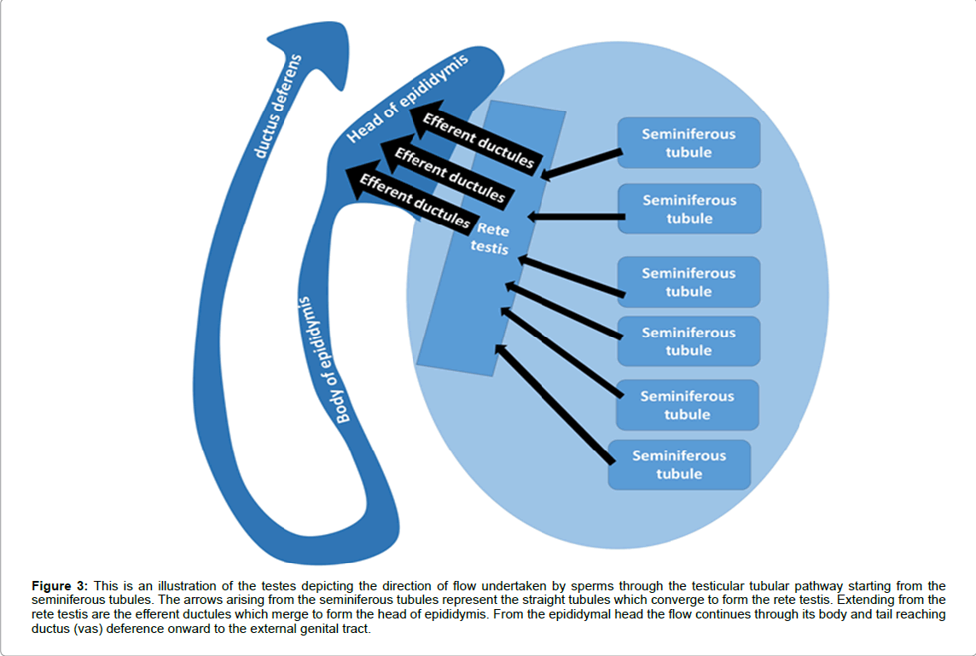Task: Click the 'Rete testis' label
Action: [x=492, y=239]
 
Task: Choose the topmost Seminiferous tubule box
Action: [x=688, y=142]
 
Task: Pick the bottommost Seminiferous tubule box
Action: [x=679, y=465]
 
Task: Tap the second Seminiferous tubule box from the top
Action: [x=688, y=209]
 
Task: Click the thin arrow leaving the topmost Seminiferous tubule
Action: [x=583, y=164]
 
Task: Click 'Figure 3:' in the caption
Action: [x=60, y=586]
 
